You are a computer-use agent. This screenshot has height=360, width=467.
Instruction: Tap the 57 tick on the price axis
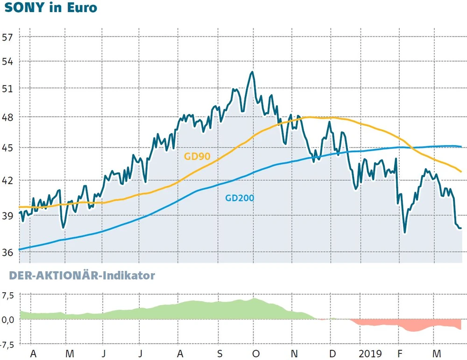pos(8,37)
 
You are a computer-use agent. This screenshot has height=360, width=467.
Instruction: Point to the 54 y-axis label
pos(8,62)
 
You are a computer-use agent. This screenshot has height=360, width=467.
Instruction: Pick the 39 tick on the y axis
pos(8,215)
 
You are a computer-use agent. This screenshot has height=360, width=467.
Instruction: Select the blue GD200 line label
pos(240,198)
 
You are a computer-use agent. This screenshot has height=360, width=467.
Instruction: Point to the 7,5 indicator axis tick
pos(8,295)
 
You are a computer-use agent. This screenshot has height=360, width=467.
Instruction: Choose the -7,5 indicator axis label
pos(7,344)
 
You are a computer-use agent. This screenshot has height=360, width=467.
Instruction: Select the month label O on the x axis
pos(255,353)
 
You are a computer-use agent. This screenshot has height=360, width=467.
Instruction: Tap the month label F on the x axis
pos(400,353)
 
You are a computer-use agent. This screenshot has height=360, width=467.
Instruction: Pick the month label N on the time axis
pos(295,353)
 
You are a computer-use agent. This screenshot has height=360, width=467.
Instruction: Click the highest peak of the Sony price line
pos(252,72)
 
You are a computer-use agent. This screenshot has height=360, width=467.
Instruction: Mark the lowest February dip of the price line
pos(404,232)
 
